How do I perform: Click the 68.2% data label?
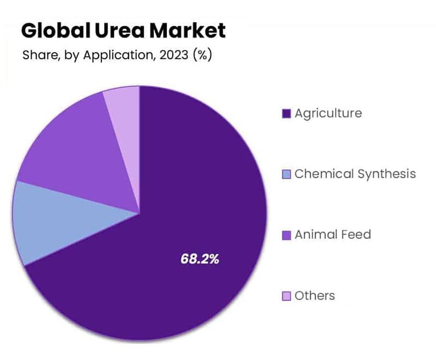pos(199,259)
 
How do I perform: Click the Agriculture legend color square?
pos(286,113)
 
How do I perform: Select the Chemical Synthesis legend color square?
pos(286,175)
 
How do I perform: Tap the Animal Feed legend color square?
pos(286,235)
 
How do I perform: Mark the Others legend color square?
pos(286,296)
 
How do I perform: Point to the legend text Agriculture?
pos(328,113)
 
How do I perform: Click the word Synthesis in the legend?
pos(386,174)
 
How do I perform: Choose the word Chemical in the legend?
pos(324,174)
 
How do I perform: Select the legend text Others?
pos(315,296)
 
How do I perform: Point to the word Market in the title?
pos(187,31)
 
